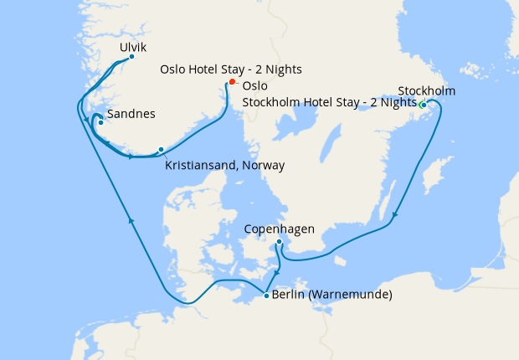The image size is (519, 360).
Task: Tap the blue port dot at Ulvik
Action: (x=132, y=57)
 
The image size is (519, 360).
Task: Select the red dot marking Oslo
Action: (x=232, y=82)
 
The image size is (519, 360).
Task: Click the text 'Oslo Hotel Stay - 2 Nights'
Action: (x=231, y=69)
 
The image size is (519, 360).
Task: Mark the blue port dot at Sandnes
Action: (x=100, y=123)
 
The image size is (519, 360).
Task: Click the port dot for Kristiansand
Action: (x=161, y=150)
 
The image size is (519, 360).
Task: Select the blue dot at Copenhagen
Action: (x=279, y=243)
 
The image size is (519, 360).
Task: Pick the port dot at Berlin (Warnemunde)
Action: (x=266, y=295)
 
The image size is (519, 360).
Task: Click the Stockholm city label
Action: (x=427, y=90)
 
